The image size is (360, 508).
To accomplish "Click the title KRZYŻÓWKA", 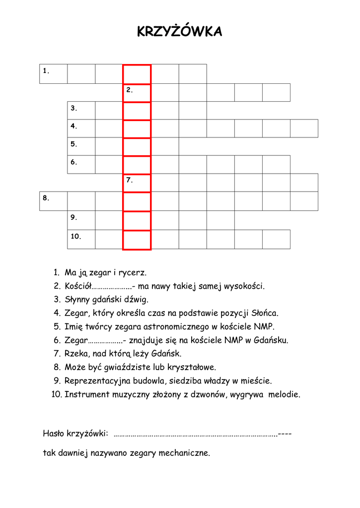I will [x=179, y=32].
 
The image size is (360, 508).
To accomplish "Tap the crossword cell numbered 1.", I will [x=53, y=74].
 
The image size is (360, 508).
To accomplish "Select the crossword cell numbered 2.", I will [x=137, y=92].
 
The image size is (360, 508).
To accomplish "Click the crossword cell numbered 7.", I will [x=137, y=183].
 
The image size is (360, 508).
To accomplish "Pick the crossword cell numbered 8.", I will [x=53, y=201].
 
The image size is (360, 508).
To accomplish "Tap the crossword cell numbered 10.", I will [x=81, y=239].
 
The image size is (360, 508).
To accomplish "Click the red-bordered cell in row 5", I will [x=137, y=146].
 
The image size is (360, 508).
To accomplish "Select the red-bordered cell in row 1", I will [x=137, y=74].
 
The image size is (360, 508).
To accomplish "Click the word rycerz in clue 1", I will [x=134, y=273].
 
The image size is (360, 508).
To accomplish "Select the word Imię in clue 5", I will [x=73, y=326].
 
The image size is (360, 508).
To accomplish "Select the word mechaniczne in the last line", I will [x=184, y=453].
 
